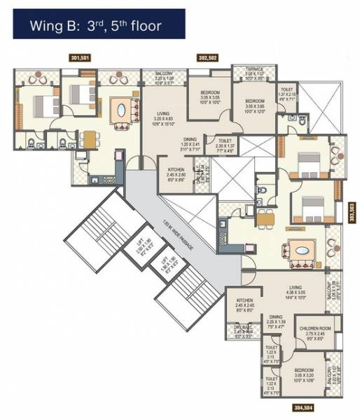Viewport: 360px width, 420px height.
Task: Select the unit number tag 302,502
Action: click(209, 59)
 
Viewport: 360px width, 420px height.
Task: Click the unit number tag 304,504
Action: click(302, 406)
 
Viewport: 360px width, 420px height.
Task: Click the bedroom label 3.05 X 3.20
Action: click(302, 374)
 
